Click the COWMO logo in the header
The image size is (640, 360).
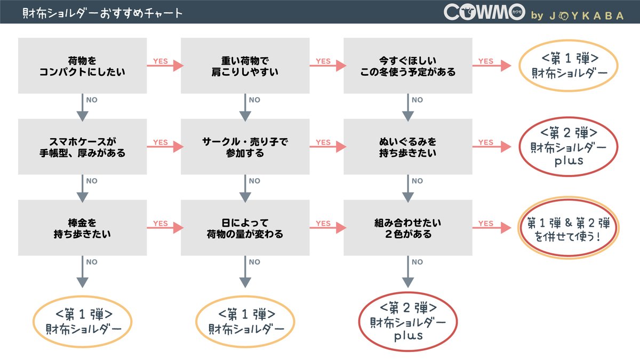coord(484,14)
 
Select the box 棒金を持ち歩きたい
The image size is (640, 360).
coord(82,228)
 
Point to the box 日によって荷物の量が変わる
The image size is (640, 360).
coord(245,228)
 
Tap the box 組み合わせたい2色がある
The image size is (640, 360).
coord(407,228)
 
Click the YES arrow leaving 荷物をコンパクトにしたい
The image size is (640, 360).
coord(164,66)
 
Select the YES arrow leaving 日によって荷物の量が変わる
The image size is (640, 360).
coord(326,228)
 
